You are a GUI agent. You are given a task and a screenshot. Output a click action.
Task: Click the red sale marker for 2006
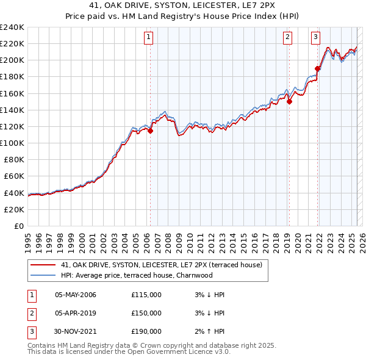click(x=150, y=130)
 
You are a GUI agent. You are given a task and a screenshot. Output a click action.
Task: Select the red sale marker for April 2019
click(x=289, y=102)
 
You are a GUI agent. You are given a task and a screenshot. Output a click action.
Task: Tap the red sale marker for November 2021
click(x=318, y=68)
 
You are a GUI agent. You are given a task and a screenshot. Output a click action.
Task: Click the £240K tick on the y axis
click(x=12, y=27)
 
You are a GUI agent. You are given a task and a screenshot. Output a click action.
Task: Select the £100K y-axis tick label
click(x=12, y=143)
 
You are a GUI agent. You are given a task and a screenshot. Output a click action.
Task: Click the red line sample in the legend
click(x=43, y=265)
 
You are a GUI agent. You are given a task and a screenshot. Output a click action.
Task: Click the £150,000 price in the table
click(x=146, y=313)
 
